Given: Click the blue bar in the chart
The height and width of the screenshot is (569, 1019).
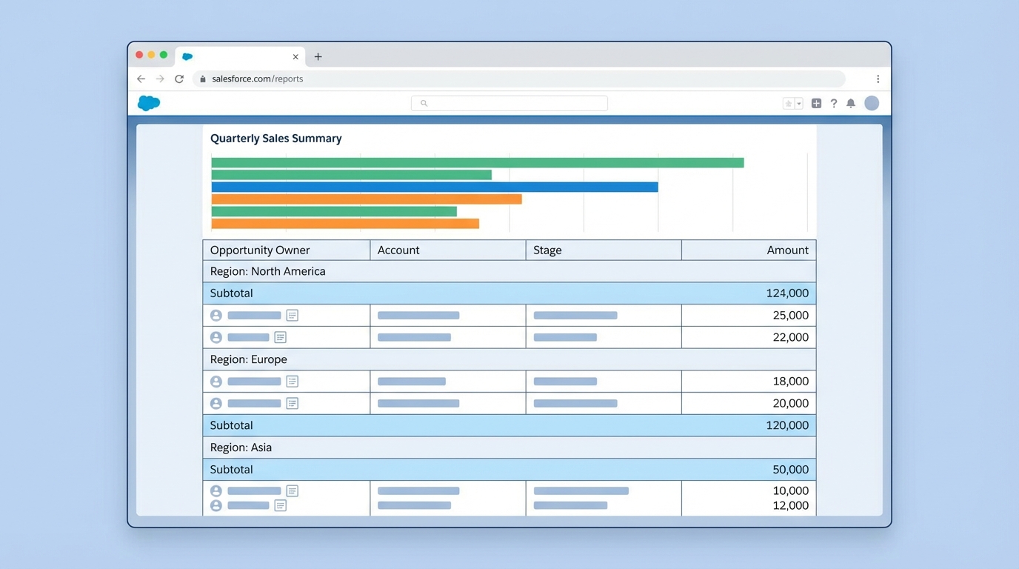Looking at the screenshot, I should (435, 187).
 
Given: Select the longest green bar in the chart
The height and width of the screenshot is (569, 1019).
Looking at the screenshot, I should (477, 163).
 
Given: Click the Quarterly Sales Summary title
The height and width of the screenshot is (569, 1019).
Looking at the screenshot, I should (275, 139).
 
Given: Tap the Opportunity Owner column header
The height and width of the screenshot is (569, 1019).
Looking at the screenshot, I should (260, 250).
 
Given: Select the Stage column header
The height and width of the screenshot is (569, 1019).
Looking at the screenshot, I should (547, 250).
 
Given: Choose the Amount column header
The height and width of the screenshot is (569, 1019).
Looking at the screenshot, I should (787, 250).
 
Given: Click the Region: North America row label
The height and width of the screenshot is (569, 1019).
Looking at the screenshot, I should (268, 271).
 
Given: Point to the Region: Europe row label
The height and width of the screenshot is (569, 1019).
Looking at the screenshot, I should (249, 359).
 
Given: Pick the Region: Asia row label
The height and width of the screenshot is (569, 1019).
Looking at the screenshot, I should (241, 447).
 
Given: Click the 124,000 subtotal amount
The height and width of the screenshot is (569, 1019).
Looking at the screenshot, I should (787, 293).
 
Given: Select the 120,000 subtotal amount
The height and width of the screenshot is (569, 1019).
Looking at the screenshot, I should (787, 425).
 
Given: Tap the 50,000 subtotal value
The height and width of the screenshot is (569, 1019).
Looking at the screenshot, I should (790, 470).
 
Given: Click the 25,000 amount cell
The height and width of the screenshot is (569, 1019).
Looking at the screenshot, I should (790, 316).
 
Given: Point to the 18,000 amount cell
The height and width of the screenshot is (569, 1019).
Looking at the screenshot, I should (790, 382).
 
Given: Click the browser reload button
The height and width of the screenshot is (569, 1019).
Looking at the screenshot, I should (179, 79).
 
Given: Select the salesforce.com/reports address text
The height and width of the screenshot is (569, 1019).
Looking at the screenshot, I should (257, 79).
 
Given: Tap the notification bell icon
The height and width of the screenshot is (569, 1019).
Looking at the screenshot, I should (851, 104).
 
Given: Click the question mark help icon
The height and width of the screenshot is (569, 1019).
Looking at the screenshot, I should (834, 104).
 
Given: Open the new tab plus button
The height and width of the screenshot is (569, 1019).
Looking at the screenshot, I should (318, 57).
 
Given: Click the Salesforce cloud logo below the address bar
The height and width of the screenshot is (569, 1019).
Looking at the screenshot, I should (149, 103).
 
